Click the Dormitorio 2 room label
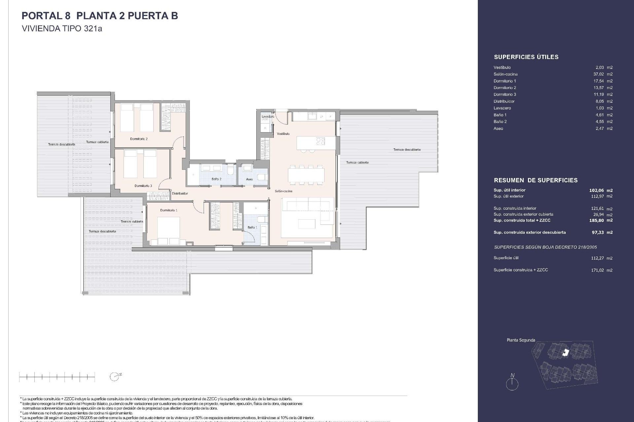coord(139,139)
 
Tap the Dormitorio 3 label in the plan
coord(143,186)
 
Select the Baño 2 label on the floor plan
coord(216,179)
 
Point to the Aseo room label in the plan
coord(249,179)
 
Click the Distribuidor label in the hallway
coord(180,194)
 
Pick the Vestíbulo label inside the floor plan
coord(283,134)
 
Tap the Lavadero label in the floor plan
coord(267,116)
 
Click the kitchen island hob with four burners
coord(320,141)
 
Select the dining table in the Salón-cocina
coord(306,175)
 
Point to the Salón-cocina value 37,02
coord(598,74)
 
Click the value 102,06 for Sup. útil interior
coord(596,190)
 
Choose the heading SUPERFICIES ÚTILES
coord(526,57)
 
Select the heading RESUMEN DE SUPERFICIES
coord(536,180)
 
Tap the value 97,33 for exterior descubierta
coord(598,232)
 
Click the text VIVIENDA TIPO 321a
coord(62,29)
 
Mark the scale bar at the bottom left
coord(57,377)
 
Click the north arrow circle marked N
coord(512,384)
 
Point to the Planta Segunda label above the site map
coord(521,340)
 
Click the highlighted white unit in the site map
coord(566,353)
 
